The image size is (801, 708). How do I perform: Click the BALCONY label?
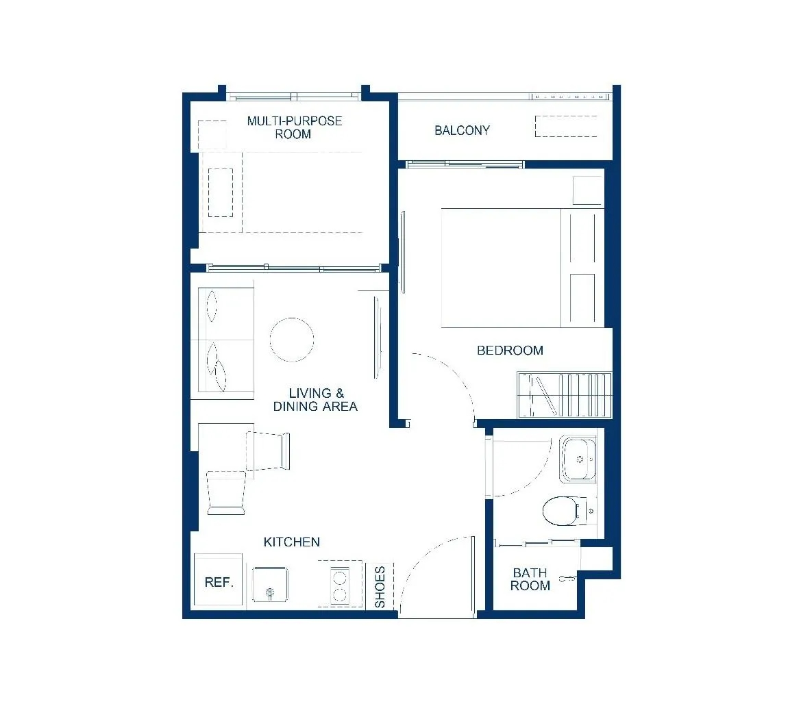(462, 131)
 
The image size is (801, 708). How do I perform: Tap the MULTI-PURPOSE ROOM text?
(294, 127)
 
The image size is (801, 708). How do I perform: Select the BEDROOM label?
(510, 351)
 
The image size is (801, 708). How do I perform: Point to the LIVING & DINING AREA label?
(315, 400)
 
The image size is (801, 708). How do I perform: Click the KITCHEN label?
(292, 542)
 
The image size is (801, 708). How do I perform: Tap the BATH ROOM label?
(530, 579)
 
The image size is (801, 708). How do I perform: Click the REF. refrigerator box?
(218, 581)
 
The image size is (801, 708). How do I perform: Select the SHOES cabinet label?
(380, 587)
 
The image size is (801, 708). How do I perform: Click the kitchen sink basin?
(270, 584)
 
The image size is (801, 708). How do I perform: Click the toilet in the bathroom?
(567, 511)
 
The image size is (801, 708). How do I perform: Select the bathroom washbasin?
(578, 459)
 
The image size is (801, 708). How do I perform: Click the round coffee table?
(292, 340)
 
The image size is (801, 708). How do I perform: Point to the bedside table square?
(588, 190)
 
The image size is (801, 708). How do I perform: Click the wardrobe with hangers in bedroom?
(565, 395)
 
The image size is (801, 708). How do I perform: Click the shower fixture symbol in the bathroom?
(567, 579)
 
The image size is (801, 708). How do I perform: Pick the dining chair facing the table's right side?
(268, 451)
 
